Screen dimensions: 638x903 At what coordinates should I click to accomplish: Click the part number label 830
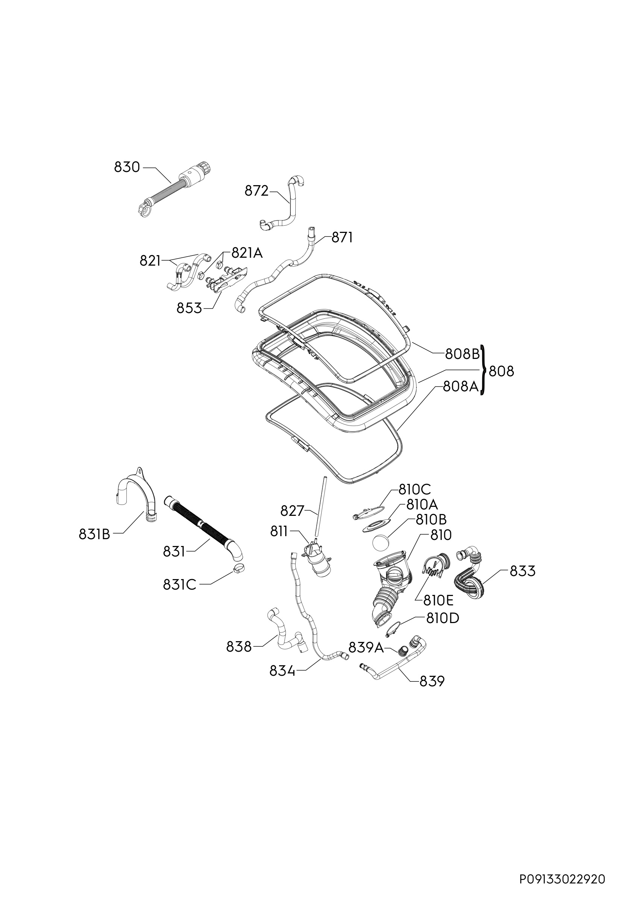[x=127, y=167]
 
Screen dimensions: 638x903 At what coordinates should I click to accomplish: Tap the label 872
[x=257, y=191]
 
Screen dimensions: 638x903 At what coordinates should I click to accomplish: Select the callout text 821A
[x=247, y=253]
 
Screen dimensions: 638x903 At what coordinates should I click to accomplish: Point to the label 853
[x=189, y=309]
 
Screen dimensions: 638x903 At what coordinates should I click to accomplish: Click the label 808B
[x=463, y=354]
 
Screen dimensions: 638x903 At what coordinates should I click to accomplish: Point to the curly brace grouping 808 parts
[x=483, y=370]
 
